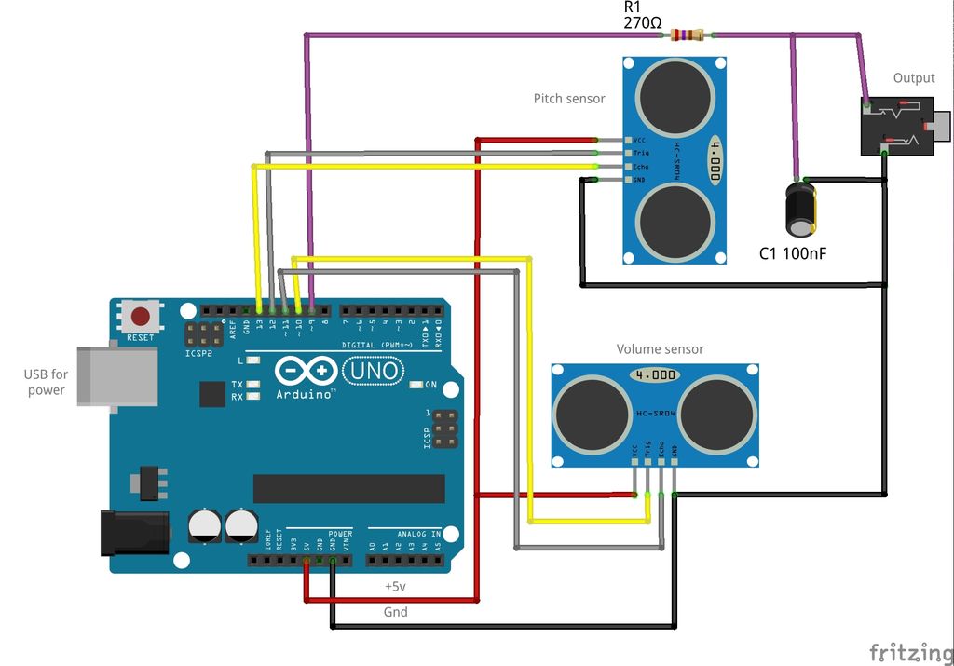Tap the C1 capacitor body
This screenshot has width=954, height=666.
pos(800,210)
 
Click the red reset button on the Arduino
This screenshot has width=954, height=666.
pos(141,316)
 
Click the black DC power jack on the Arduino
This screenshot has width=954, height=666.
pos(134,534)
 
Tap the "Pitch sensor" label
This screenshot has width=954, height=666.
pos(568,98)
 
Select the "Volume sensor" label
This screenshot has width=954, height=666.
pos(660,349)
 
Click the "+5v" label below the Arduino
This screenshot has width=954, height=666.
pos(396,587)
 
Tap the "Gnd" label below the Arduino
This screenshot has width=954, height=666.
pos(395,612)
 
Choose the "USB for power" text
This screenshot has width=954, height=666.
pos(46,382)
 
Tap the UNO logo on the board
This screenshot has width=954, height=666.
pos(374,372)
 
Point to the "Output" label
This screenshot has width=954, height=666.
pos(913,77)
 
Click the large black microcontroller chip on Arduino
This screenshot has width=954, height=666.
pos(348,488)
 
